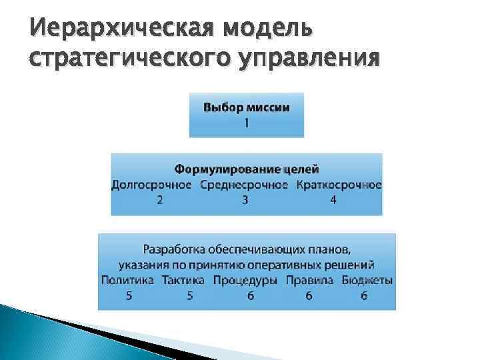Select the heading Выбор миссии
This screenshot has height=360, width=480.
point(246,108)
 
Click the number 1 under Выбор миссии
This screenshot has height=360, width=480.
point(246,123)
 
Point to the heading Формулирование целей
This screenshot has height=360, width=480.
point(247,169)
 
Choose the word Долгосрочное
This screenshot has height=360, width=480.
point(151,184)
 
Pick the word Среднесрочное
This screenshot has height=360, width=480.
point(244,184)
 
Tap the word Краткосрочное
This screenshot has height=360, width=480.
point(339,184)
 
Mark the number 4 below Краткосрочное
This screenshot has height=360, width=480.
point(333,199)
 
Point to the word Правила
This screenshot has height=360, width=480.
point(309,280)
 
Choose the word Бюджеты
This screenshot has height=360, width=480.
point(367,280)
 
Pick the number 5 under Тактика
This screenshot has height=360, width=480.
point(190,296)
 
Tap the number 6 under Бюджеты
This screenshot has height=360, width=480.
point(364,296)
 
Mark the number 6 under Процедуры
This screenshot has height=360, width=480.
point(250,296)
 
